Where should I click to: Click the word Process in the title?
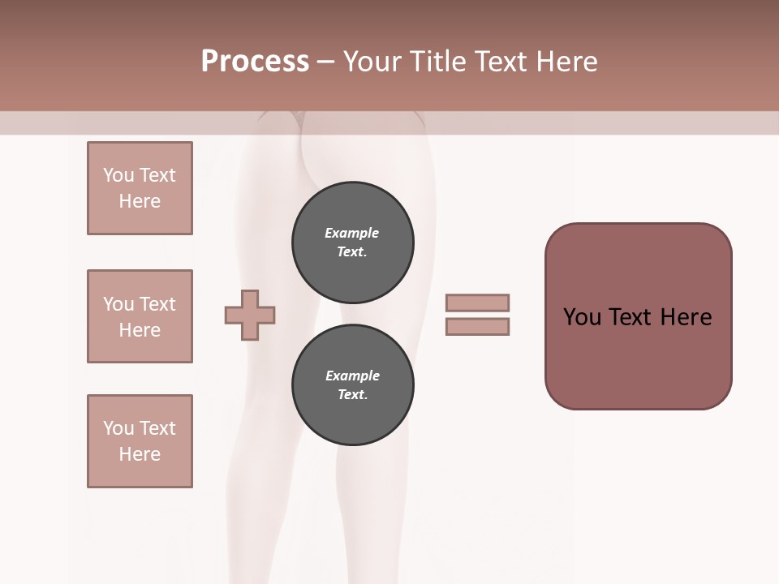click(x=255, y=62)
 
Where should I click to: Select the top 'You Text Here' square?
click(x=140, y=188)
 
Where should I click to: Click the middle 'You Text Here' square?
click(x=140, y=316)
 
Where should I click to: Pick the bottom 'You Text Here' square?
click(x=140, y=441)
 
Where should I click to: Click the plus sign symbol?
click(x=250, y=315)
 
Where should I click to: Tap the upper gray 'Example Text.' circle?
click(x=352, y=243)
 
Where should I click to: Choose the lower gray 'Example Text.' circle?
click(x=352, y=385)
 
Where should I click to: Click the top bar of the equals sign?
click(x=478, y=303)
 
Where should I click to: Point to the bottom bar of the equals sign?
click(x=478, y=326)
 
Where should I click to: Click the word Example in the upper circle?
click(x=352, y=234)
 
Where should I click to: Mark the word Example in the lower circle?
click(x=352, y=376)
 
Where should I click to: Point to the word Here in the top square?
click(x=140, y=201)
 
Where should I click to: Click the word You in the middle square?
click(x=118, y=304)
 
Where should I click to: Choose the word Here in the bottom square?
click(x=140, y=454)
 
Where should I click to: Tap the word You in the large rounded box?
click(x=582, y=317)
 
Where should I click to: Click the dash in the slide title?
click(x=326, y=62)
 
